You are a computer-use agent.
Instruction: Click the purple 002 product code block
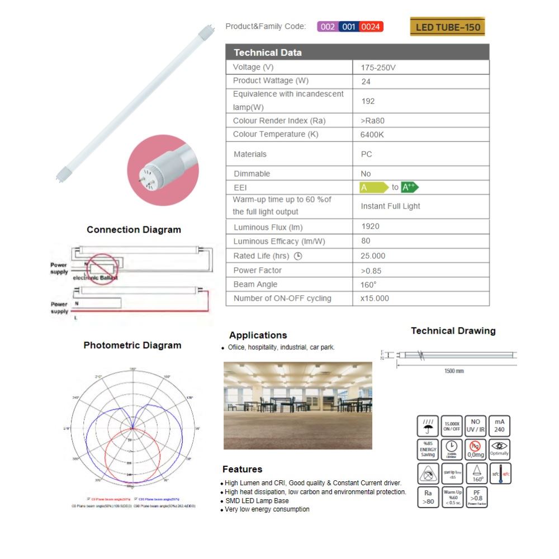(328, 26)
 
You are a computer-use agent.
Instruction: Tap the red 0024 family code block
(371, 26)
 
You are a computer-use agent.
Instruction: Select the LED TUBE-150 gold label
(447, 27)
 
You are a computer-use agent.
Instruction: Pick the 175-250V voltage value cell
(378, 67)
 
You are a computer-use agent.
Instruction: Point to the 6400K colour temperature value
(373, 135)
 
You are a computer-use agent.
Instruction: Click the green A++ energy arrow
(410, 187)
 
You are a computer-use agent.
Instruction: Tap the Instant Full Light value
(390, 206)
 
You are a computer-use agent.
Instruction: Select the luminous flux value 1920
(370, 226)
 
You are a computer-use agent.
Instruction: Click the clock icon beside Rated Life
(298, 256)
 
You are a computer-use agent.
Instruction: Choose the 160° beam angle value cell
(368, 285)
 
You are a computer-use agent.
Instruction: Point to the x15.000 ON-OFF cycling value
(375, 299)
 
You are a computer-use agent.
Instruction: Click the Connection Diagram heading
(134, 230)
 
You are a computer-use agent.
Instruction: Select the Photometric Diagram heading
(132, 345)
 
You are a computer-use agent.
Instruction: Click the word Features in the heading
(242, 469)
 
